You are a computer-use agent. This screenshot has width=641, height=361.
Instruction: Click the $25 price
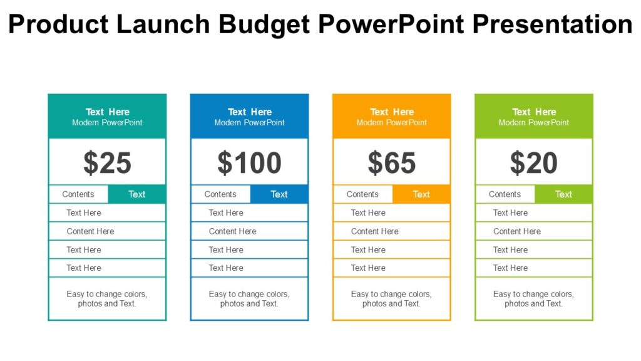click(x=107, y=163)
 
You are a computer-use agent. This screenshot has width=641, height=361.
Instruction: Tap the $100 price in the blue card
click(x=249, y=163)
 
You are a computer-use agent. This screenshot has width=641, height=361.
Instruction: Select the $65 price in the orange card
click(x=391, y=163)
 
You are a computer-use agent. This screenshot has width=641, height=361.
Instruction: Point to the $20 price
click(x=533, y=163)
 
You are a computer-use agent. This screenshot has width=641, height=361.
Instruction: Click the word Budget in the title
click(x=264, y=24)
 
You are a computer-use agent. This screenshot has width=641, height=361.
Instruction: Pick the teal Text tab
click(x=136, y=194)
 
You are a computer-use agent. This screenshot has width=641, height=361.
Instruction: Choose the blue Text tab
click(x=279, y=194)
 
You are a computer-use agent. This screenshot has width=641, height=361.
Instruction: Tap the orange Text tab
click(x=421, y=194)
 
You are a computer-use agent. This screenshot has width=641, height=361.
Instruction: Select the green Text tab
click(x=563, y=194)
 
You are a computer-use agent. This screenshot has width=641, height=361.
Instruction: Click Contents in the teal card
click(x=78, y=194)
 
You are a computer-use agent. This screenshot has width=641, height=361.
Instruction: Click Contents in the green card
click(x=505, y=194)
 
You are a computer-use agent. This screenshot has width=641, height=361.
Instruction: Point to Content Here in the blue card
click(x=232, y=231)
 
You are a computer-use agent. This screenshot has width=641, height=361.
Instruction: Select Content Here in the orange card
click(x=374, y=231)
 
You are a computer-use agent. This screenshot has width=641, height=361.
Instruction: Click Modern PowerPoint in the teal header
click(x=107, y=123)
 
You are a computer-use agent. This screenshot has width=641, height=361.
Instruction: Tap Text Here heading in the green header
click(x=534, y=112)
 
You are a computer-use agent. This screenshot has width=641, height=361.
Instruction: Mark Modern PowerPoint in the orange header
click(x=391, y=123)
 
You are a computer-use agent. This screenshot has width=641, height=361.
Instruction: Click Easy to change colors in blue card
click(x=249, y=294)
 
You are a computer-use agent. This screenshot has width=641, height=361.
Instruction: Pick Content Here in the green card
click(x=516, y=231)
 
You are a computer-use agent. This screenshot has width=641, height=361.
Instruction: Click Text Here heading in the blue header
click(x=249, y=112)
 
